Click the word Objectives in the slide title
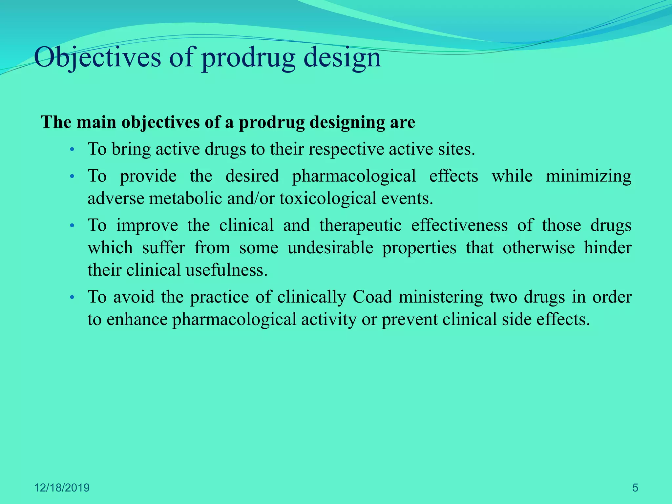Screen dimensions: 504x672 point(97,58)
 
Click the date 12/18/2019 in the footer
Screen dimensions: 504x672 point(62,488)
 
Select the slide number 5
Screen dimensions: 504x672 point(635,488)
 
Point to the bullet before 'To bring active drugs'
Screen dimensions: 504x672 point(73,150)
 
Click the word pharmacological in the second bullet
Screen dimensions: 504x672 point(354,176)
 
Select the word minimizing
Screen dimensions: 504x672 point(588,176)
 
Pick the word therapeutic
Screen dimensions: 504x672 point(360,225)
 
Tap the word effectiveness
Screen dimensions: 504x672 point(459,225)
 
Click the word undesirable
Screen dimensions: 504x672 point(330,248)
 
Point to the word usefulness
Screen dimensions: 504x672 point(226,270)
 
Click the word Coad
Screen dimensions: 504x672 point(372,297)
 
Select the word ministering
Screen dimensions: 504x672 point(441,297)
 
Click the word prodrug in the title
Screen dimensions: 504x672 point(248,58)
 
